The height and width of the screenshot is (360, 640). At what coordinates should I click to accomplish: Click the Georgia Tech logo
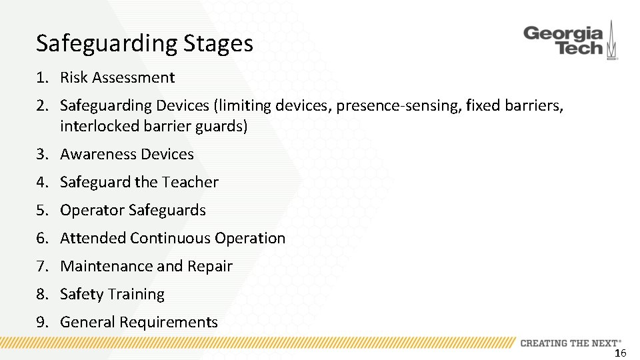pos(570,41)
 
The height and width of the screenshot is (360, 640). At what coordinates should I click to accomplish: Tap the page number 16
pos(620,353)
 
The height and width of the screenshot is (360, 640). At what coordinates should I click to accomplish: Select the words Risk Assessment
pos(117,77)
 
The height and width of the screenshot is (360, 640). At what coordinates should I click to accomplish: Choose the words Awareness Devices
pos(127,154)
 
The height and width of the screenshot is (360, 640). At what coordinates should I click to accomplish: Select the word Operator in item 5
pos(92,210)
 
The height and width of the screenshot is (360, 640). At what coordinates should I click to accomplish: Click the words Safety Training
pos(112,294)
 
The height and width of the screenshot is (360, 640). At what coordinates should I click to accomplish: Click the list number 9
pos(41,322)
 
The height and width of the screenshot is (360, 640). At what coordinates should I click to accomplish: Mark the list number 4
pos(41,182)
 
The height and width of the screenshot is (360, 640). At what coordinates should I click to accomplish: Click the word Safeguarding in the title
pos(105,43)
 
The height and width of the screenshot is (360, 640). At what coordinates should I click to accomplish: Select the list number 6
pos(41,238)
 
